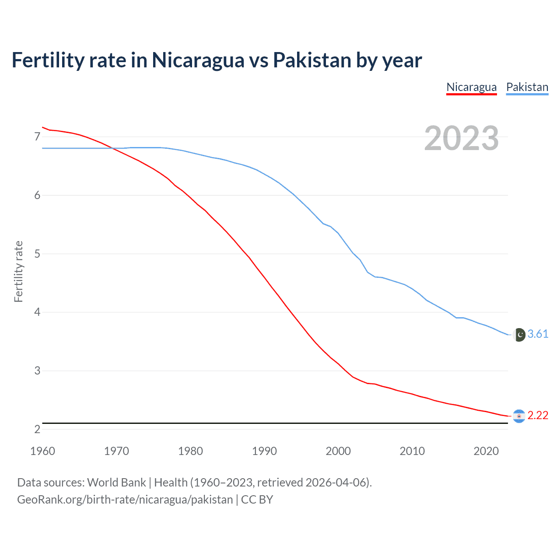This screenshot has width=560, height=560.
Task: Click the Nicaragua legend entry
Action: [471, 87]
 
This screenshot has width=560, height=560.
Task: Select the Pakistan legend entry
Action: [527, 87]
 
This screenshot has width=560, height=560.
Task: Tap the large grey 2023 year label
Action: [461, 138]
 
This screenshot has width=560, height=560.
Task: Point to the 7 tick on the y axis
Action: [37, 137]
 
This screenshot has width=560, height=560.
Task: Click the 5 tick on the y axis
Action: [37, 254]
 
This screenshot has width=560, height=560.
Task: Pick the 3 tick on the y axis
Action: [37, 371]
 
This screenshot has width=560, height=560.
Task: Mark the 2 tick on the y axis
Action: [37, 429]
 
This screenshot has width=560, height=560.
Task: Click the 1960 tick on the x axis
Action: [42, 451]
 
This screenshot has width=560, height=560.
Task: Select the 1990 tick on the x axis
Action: [264, 451]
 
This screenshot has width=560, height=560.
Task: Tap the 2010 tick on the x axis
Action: [412, 451]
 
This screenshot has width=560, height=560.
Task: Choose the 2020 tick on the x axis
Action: [486, 451]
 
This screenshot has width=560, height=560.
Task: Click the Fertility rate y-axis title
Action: [18, 271]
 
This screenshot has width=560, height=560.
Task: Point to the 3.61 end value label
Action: [538, 334]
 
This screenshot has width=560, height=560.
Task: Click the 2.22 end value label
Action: [538, 416]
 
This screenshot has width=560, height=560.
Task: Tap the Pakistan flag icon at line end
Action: [519, 335]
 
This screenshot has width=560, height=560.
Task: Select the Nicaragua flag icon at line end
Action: [519, 416]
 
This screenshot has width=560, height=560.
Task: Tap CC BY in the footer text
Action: [257, 500]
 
